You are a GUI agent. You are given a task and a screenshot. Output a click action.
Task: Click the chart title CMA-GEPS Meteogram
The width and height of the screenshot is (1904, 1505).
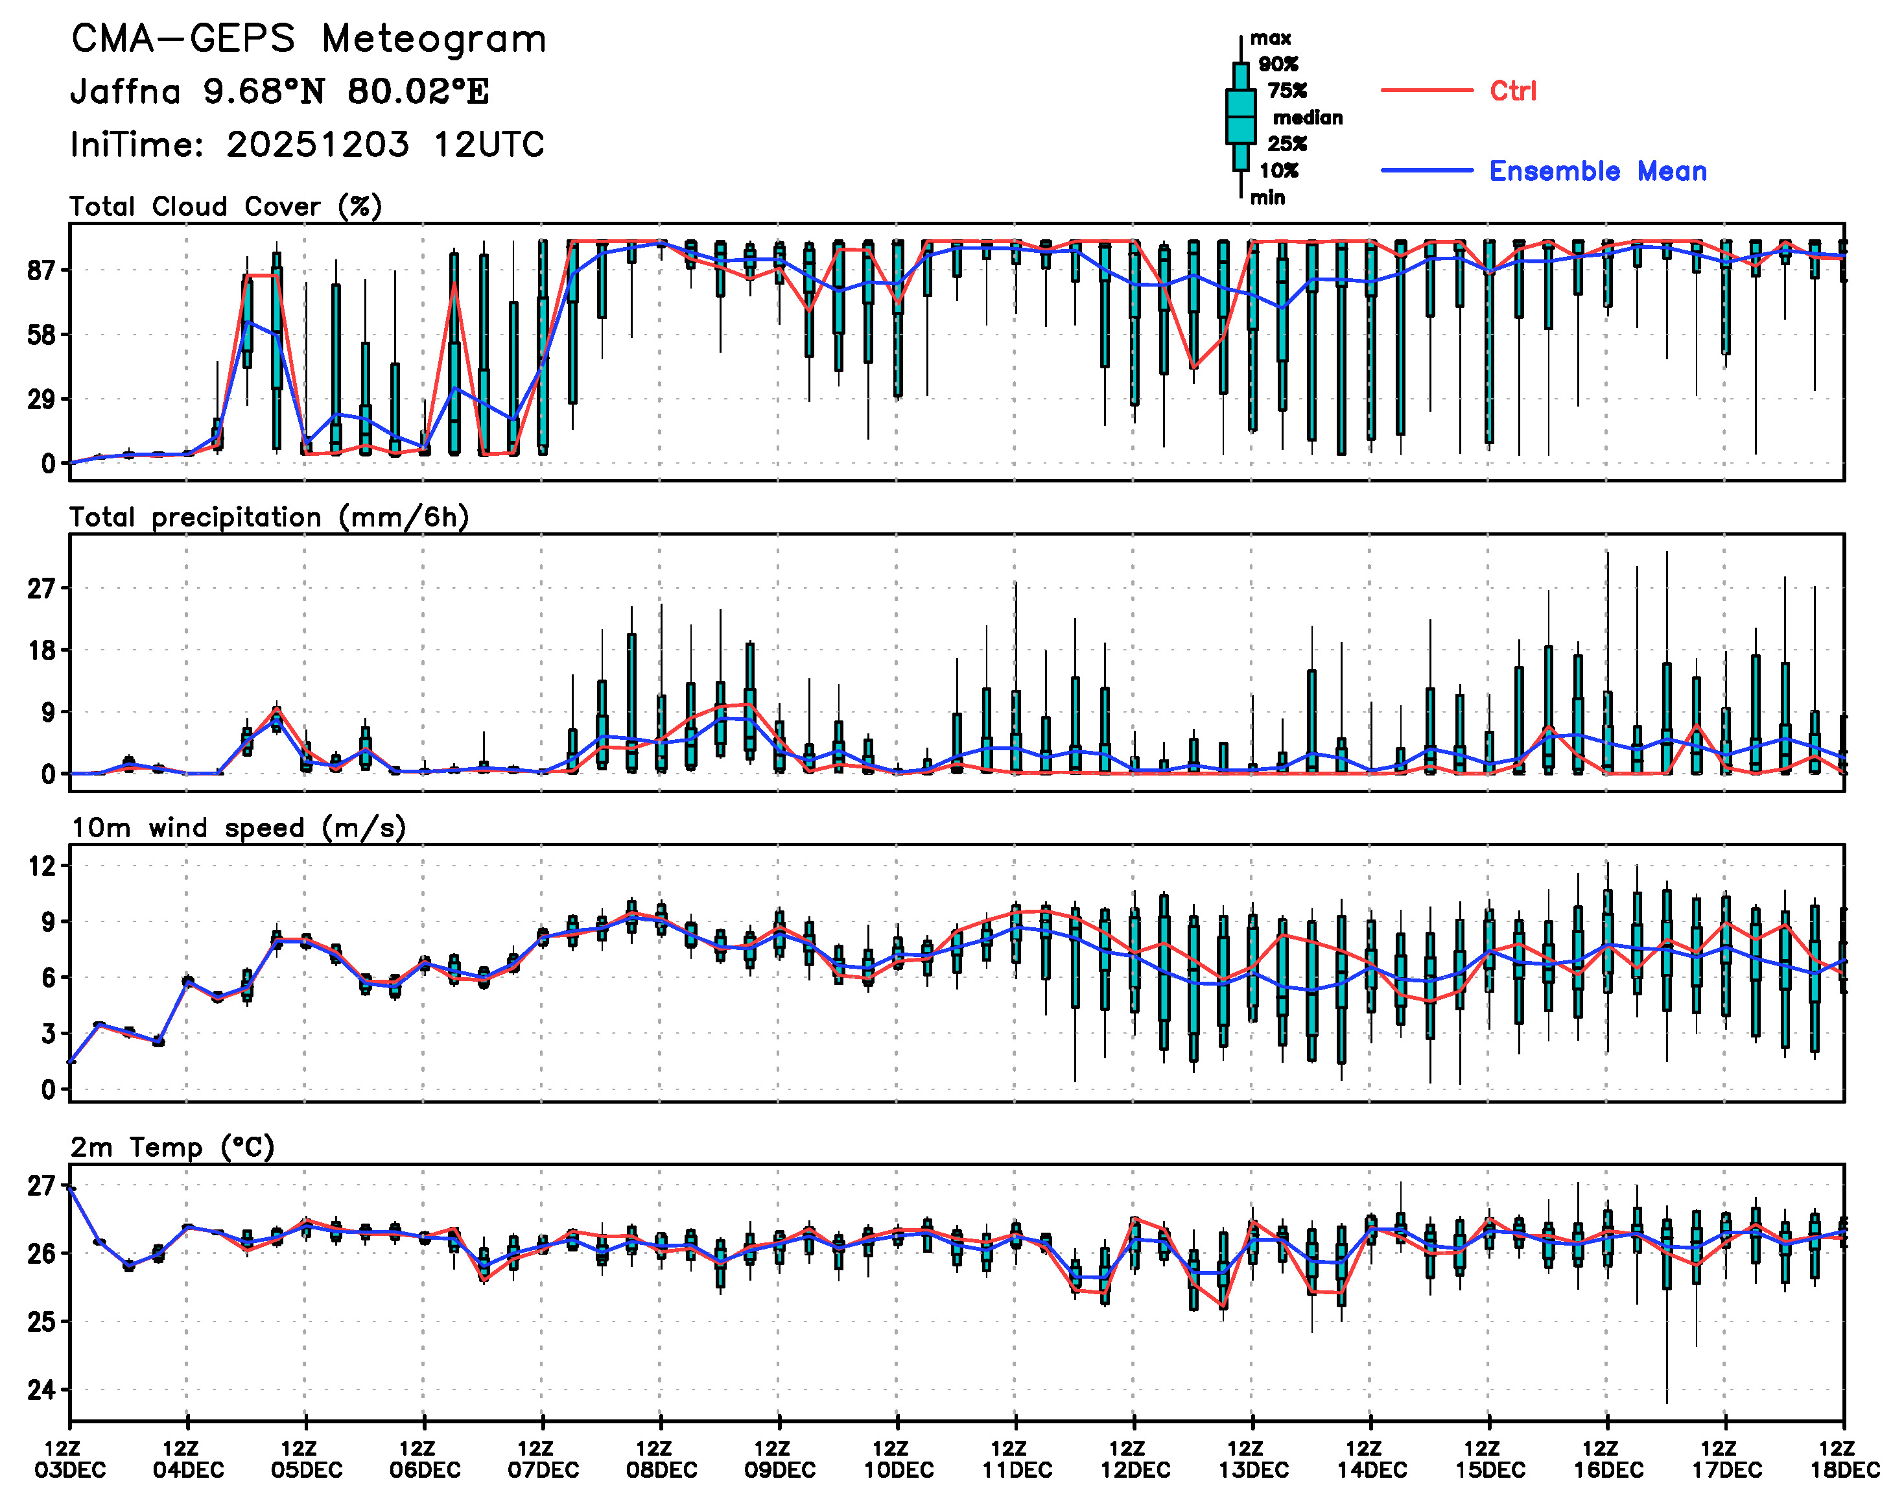click(x=309, y=40)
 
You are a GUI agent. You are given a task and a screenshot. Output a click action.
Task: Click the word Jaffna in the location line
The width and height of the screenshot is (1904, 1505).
click(x=125, y=91)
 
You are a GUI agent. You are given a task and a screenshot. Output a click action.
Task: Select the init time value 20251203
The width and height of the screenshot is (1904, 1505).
click(x=317, y=145)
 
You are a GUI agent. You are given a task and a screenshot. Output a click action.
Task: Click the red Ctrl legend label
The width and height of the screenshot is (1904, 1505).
click(x=1513, y=91)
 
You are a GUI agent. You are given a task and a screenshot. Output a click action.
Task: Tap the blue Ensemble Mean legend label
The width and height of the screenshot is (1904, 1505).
click(x=1597, y=171)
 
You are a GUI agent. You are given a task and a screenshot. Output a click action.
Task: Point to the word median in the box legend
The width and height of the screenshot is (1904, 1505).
click(x=1308, y=118)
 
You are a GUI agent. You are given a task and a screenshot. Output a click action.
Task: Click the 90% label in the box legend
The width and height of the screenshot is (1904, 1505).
click(x=1278, y=64)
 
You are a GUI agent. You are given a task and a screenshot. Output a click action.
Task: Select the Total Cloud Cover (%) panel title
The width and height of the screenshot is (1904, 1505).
click(x=226, y=207)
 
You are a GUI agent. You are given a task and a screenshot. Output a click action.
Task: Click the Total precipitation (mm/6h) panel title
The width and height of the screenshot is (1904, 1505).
click(x=269, y=517)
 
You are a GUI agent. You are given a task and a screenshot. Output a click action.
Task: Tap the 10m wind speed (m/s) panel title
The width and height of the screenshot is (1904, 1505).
click(x=238, y=828)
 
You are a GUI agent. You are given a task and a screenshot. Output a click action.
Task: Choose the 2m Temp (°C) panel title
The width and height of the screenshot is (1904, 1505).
click(x=172, y=1147)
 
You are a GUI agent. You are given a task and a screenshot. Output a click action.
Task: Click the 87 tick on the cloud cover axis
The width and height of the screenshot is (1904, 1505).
click(x=41, y=270)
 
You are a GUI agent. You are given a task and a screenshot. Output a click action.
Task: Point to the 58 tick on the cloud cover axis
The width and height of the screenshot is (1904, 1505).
click(x=41, y=335)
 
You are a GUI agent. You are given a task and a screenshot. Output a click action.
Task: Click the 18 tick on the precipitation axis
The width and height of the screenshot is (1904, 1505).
click(x=41, y=650)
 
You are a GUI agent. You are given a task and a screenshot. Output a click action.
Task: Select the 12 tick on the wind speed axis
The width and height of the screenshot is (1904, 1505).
click(x=41, y=866)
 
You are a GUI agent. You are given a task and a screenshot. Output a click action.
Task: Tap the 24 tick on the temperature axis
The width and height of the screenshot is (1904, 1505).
click(x=41, y=1390)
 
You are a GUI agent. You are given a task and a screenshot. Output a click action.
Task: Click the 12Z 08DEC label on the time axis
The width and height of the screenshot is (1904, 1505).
click(x=661, y=1459)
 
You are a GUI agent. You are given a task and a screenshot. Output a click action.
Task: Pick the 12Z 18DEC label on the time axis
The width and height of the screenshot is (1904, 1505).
click(x=1844, y=1459)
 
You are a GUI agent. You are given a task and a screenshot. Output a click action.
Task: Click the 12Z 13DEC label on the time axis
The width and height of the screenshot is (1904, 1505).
click(x=1253, y=1459)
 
